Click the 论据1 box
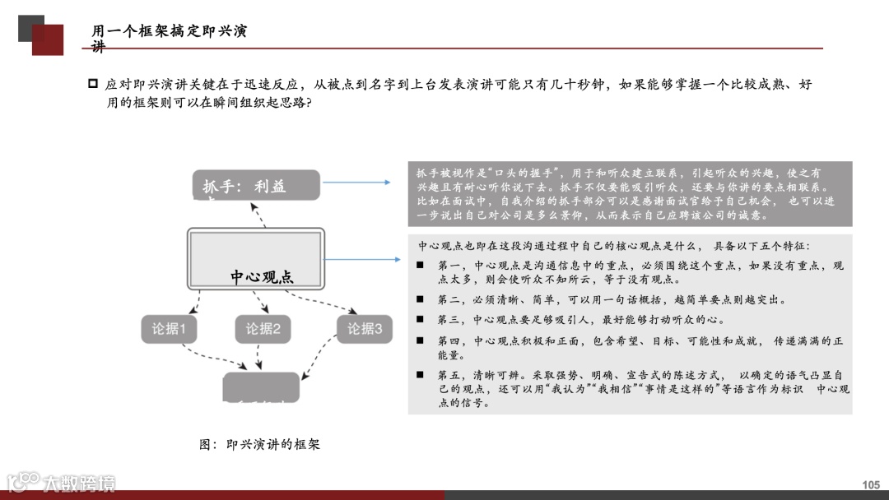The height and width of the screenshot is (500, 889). coord(169,329)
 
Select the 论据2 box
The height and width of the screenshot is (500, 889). coord(263,329)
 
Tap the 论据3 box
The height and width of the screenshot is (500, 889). coord(365,329)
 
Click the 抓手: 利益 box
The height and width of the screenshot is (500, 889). coord(256,186)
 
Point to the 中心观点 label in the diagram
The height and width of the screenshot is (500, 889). coord(262,276)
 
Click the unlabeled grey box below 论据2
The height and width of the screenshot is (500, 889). coord(262,387)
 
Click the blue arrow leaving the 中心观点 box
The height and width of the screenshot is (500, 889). coord(362,259)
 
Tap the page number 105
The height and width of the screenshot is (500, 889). coord(871,485)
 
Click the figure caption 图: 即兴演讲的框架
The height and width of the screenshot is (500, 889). coord(259,444)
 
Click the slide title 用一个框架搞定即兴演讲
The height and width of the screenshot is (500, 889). coord(169,32)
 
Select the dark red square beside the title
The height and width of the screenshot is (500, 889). coord(48,39)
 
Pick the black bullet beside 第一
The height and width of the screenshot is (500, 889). coord(420,266)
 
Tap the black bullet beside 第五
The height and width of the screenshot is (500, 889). coord(420,375)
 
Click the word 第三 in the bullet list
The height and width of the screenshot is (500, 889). coord(449,320)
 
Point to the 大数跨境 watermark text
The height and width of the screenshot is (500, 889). coord(79,483)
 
